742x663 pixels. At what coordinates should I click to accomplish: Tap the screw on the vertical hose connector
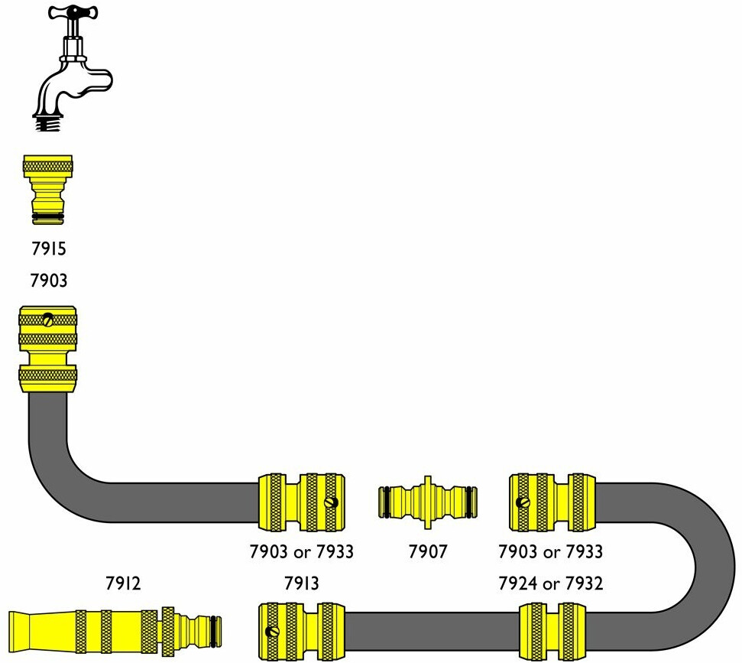48,320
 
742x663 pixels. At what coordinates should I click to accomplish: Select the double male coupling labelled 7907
429,503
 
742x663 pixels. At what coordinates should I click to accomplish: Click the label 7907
428,551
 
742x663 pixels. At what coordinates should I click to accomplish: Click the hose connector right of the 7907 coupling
551,502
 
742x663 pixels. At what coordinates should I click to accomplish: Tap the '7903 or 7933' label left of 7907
302,551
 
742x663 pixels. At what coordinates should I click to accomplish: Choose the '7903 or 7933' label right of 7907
550,551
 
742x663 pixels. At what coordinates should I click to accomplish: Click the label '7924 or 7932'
550,584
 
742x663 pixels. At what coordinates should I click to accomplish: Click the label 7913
301,584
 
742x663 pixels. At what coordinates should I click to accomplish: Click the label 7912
123,584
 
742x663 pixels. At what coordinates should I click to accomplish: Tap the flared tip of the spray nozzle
31,632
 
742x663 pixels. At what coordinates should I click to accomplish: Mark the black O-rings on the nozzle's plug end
217,631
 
